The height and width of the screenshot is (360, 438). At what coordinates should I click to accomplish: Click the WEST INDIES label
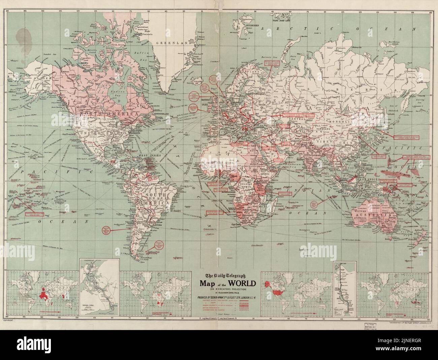tap(148, 156)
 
